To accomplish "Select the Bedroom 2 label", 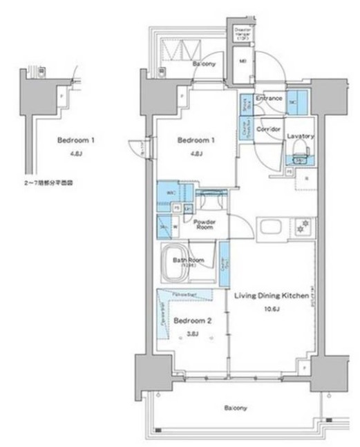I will pyautogui.click(x=188, y=321).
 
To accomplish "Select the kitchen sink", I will pyautogui.click(x=269, y=227).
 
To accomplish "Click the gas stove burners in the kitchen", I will pyautogui.click(x=301, y=227).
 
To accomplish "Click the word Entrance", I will pyautogui.click(x=268, y=99).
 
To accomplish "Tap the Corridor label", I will pyautogui.click(x=268, y=129).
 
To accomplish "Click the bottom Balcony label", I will pyautogui.click(x=235, y=408).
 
